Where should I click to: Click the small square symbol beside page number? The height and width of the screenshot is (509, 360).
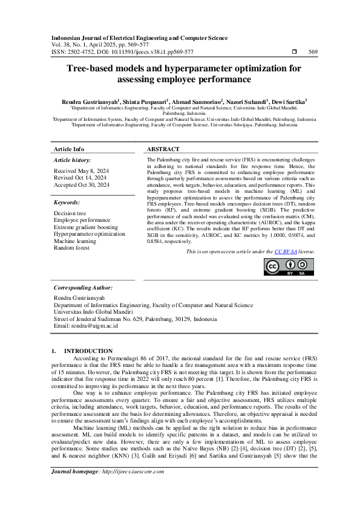tap(295, 52)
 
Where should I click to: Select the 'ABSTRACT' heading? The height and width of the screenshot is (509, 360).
tap(163, 149)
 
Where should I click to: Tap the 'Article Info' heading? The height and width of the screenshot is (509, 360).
tap(70, 149)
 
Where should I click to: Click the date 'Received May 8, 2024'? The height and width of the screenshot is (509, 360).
tap(80, 171)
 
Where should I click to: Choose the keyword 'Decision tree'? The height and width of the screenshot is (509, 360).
tap(70, 213)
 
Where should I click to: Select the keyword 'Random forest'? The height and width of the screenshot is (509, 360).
tap(71, 247)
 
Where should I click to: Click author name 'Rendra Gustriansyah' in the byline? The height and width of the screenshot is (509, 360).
tap(91, 102)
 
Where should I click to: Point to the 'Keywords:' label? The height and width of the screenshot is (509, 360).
tap(68, 203)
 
